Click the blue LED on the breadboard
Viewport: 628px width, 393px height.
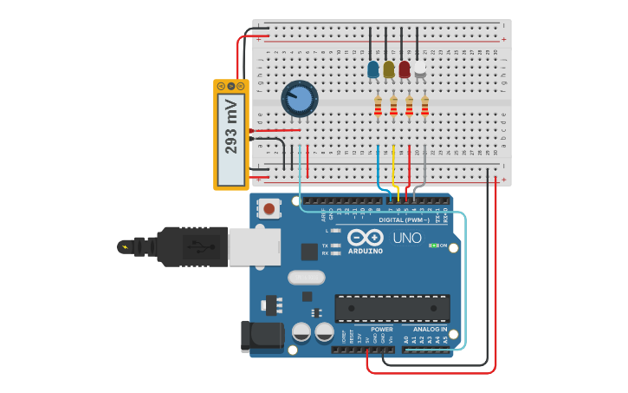point(373,69)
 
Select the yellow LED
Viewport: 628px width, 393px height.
point(389,69)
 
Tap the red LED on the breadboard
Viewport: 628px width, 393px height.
point(405,69)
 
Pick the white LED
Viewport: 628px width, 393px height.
point(420,69)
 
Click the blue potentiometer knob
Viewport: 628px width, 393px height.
point(300,99)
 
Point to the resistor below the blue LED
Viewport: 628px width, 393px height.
point(378,106)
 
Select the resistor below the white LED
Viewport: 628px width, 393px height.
point(424,106)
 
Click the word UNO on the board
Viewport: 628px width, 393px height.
point(406,238)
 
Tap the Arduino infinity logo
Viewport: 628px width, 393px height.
point(366,238)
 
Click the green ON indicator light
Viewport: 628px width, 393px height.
point(433,246)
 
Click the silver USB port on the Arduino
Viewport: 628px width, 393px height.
point(254,246)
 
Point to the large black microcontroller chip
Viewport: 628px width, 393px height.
point(392,308)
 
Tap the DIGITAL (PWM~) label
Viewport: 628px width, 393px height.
point(404,219)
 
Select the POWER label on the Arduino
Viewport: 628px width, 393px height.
point(381,330)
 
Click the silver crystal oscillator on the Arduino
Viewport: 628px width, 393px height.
point(306,278)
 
